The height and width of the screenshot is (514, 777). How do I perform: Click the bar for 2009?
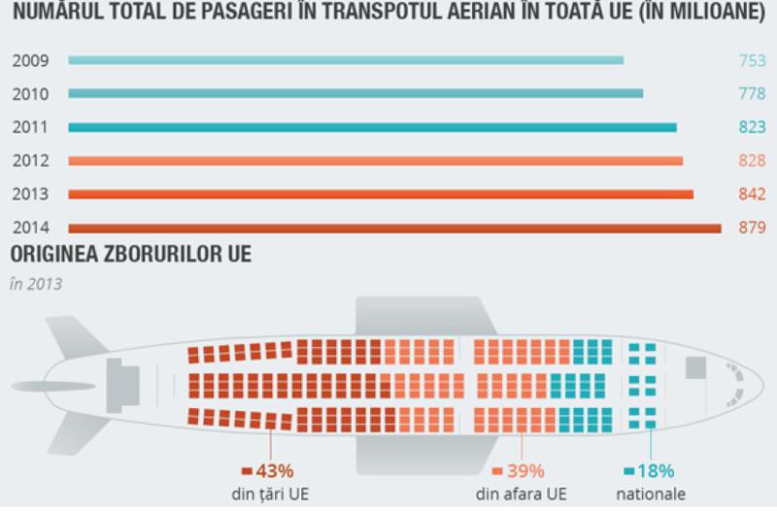(x=346, y=60)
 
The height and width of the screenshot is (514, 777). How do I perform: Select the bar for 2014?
(x=394, y=229)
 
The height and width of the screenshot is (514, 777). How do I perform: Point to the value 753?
(x=752, y=60)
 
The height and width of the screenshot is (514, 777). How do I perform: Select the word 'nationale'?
(x=650, y=495)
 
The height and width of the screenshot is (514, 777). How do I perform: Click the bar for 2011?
(x=373, y=127)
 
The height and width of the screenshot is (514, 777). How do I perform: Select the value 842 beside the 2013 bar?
(x=752, y=194)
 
